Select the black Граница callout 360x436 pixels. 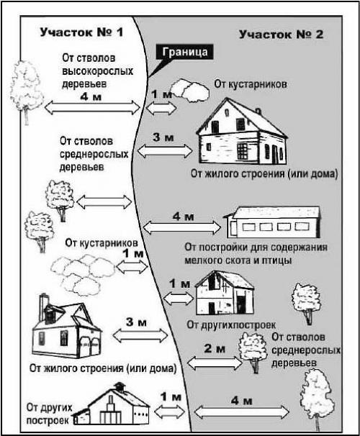point(185,52)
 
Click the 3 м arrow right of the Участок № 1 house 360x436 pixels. point(136,334)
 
